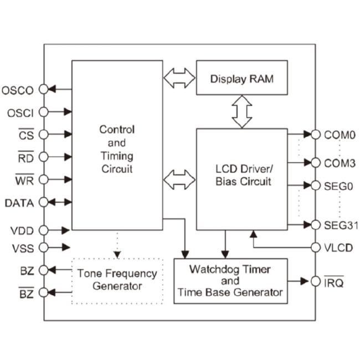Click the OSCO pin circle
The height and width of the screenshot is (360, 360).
(x=43, y=89)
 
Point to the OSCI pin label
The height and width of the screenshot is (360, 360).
(x=20, y=113)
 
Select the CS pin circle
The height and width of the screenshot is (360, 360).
(x=43, y=135)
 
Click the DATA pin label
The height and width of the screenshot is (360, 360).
(x=19, y=203)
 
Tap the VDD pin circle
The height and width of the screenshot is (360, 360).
(x=43, y=230)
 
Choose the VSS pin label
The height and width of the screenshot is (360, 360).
(x=23, y=249)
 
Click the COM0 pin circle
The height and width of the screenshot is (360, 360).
(x=316, y=135)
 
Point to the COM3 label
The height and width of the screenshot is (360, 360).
(x=340, y=163)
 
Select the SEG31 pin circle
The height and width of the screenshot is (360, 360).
(x=316, y=225)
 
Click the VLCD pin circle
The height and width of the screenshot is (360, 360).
(x=316, y=248)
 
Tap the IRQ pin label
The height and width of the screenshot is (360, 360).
(x=334, y=282)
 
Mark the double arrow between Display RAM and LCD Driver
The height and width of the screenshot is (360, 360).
(x=242, y=112)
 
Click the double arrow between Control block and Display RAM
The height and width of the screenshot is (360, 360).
(x=179, y=78)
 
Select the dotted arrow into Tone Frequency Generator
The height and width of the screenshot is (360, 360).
(x=117, y=244)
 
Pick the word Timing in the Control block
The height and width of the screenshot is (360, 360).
(x=117, y=156)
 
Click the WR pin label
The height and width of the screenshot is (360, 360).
(x=24, y=179)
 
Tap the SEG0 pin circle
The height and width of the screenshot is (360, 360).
(x=316, y=186)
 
